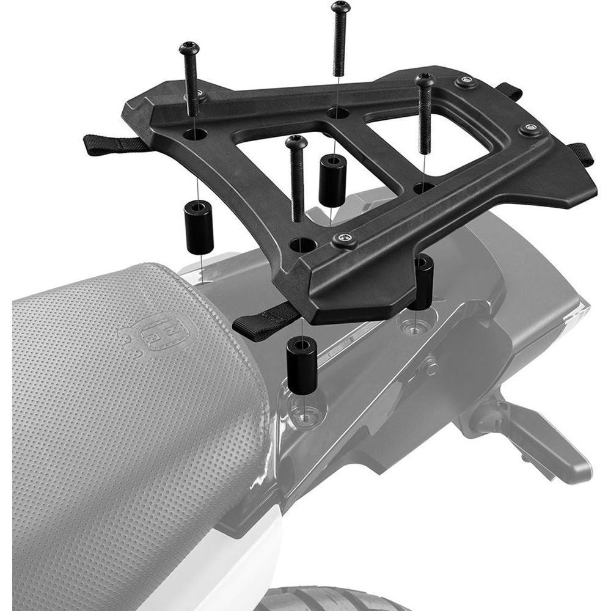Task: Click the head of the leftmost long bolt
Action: pos(189,48)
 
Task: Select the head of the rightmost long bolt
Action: pos(425,79)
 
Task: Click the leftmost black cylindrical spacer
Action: pos(199,226)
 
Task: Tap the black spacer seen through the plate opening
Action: pos(332,180)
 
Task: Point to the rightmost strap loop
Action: pos(582,153)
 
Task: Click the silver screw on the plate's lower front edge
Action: pos(346,240)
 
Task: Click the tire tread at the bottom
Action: pos(324,599)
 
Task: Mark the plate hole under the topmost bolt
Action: pos(337,112)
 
